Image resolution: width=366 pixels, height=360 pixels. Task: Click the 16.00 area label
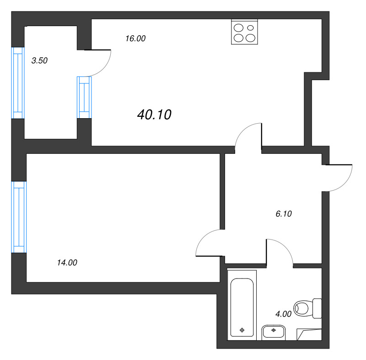pyautogui.click(x=135, y=38)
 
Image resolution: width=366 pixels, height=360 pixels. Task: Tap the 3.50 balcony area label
pyautogui.click(x=39, y=61)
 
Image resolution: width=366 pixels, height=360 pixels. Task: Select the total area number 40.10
pyautogui.click(x=154, y=115)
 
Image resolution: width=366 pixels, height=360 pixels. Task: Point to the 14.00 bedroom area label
pyautogui.click(x=67, y=263)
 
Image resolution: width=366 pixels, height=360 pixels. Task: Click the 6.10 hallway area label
pyautogui.click(x=284, y=214)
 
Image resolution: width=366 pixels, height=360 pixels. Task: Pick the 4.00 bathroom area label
pyautogui.click(x=283, y=314)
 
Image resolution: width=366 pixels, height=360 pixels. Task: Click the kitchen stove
pyautogui.click(x=244, y=32)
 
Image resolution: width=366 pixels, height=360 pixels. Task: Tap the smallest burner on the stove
pyautogui.click(x=250, y=28)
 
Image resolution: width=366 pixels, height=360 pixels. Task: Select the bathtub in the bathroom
pyautogui.click(x=242, y=305)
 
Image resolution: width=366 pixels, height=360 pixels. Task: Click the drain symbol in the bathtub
pyautogui.click(x=242, y=330)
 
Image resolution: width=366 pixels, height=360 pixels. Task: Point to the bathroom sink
pyautogui.click(x=274, y=332)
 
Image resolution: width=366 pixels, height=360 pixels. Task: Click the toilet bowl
pyautogui.click(x=303, y=308)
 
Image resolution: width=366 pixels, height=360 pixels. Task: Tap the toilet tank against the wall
pyautogui.click(x=317, y=308)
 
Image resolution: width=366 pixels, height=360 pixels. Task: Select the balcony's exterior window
pyautogui.click(x=18, y=83)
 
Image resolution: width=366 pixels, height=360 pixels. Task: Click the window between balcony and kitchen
pyautogui.click(x=84, y=98)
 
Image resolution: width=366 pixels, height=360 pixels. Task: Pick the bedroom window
pyautogui.click(x=19, y=217)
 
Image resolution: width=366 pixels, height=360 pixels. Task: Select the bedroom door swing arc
pyautogui.click(x=202, y=236)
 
